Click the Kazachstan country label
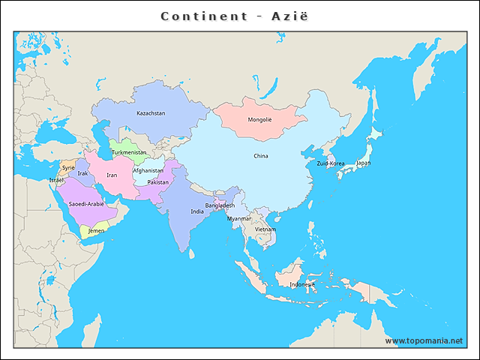click(151, 113)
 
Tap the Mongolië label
click(259, 119)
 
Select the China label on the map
click(260, 156)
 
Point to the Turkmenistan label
click(129, 152)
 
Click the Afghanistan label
click(148, 170)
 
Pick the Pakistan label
click(158, 182)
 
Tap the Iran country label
click(112, 175)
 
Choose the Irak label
click(82, 173)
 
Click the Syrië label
click(68, 167)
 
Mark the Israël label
click(57, 180)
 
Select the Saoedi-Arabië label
click(86, 204)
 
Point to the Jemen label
click(96, 231)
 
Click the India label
click(197, 211)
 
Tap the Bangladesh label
click(220, 205)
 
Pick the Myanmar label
click(239, 218)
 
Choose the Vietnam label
click(265, 229)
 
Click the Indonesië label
click(302, 284)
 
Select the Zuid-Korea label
click(331, 163)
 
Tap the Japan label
click(363, 163)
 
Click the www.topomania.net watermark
click(424, 340)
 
